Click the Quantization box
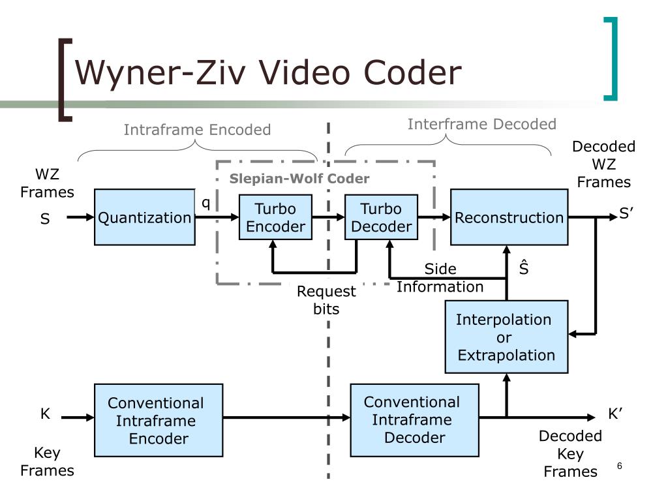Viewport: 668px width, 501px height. (x=144, y=217)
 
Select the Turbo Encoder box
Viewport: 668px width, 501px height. (x=275, y=217)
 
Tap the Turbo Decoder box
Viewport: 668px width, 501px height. (x=381, y=217)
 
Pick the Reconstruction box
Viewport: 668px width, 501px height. (x=509, y=217)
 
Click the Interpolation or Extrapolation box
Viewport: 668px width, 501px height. (x=506, y=337)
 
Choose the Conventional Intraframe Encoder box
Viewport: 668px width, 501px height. (x=159, y=420)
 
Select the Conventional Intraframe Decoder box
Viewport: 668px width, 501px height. (x=414, y=420)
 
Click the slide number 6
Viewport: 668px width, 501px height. (x=619, y=466)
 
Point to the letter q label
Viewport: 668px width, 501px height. (x=205, y=203)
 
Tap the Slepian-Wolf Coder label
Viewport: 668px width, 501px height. (x=299, y=179)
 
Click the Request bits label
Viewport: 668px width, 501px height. (x=326, y=300)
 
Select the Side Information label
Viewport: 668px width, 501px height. (x=440, y=278)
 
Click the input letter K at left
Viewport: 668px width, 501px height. (x=45, y=414)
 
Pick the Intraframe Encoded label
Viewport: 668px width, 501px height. (x=197, y=130)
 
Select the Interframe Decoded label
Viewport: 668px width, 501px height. (x=481, y=124)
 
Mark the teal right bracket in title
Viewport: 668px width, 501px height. (x=611, y=59)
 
